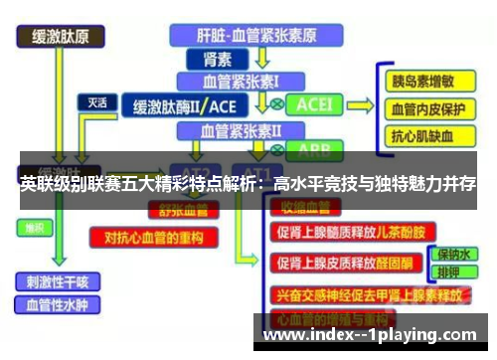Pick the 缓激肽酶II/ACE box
[185, 104]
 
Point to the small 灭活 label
[97, 101]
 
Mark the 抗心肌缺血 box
[422, 137]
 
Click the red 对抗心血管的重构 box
[153, 238]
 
